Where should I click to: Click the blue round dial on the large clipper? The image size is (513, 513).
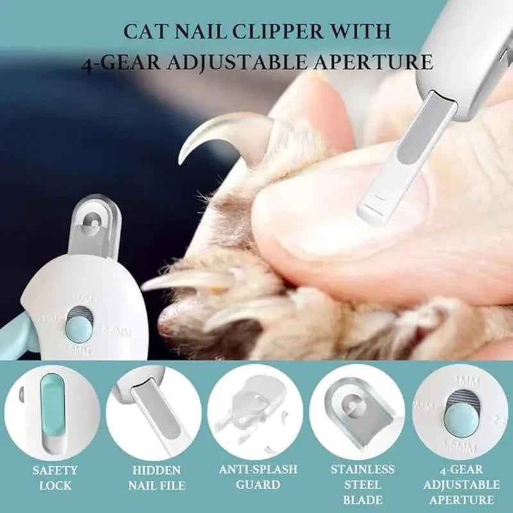pos(78,328)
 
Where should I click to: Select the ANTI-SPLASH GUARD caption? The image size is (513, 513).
pos(258,478)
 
